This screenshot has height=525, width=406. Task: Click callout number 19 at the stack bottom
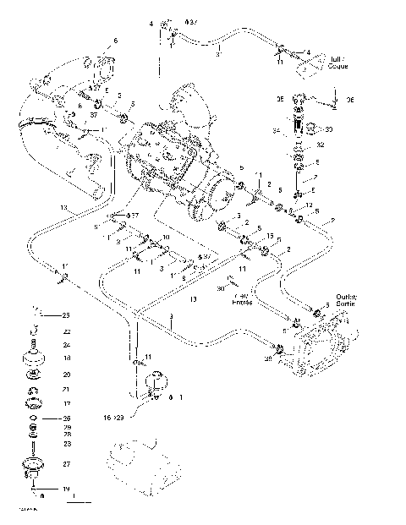[66, 489]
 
